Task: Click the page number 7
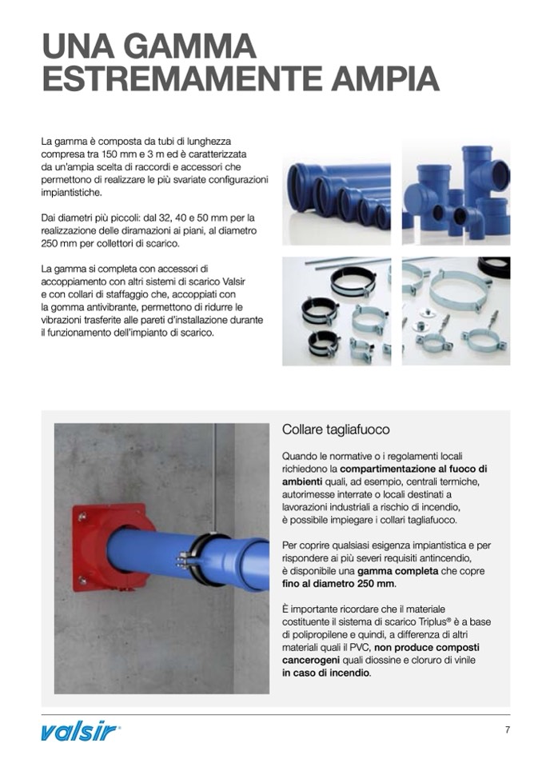[507, 729]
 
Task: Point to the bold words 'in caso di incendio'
[326, 673]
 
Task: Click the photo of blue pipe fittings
[456, 193]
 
